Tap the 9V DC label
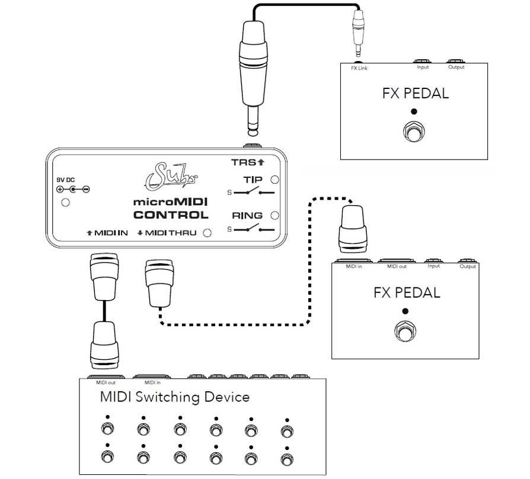pyautogui.click(x=66, y=180)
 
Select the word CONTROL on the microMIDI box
pyautogui.click(x=171, y=215)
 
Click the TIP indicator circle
pyautogui.click(x=274, y=180)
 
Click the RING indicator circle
pyautogui.click(x=274, y=216)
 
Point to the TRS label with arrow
pyautogui.click(x=247, y=162)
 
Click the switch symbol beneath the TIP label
pyautogui.click(x=250, y=192)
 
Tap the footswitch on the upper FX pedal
pyautogui.click(x=413, y=131)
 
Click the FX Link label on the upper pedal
pyautogui.click(x=359, y=68)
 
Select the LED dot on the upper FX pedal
pyautogui.click(x=414, y=111)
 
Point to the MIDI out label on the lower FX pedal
pyautogui.click(x=397, y=266)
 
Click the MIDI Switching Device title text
pyautogui.click(x=174, y=397)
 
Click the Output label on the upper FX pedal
pyautogui.click(x=456, y=67)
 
